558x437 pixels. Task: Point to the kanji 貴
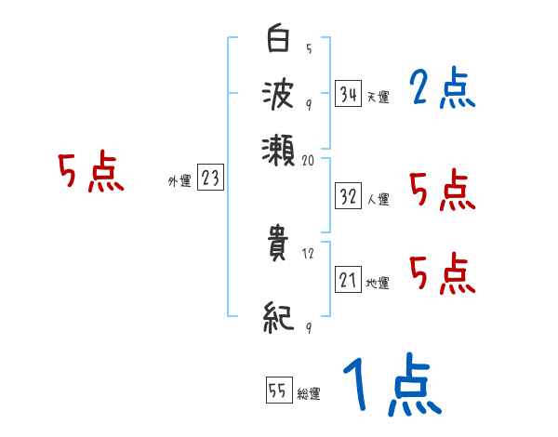tap(279, 250)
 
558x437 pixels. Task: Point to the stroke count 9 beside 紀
tap(308, 326)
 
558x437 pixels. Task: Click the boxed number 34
tap(349, 94)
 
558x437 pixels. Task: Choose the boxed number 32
tap(349, 196)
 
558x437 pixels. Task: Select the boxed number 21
tap(349, 280)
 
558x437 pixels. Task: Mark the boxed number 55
tap(277, 391)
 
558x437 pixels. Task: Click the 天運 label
tap(378, 97)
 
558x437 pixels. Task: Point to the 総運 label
tap(309, 394)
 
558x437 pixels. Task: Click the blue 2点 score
tap(442, 90)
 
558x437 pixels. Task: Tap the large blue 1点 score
tap(391, 385)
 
